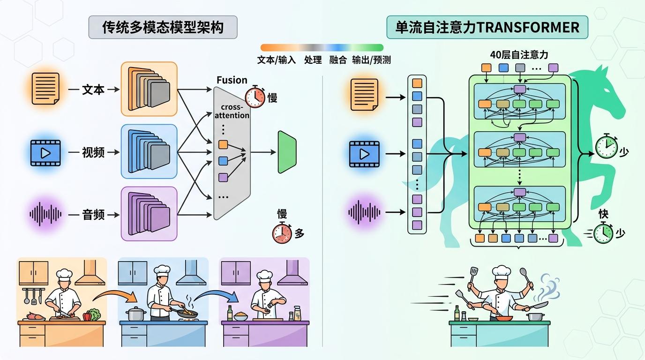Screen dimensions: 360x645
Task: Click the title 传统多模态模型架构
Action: tap(163, 27)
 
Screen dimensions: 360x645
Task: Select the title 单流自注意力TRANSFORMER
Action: tap(487, 27)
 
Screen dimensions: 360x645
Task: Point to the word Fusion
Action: tap(232, 80)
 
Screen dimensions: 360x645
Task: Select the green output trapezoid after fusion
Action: tap(286, 152)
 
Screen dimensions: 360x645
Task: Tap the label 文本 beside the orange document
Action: tap(93, 90)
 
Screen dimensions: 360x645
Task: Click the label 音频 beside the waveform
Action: tap(93, 215)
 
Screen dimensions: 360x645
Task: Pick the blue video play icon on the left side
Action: tap(45, 153)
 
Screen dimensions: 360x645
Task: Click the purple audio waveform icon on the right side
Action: tap(364, 212)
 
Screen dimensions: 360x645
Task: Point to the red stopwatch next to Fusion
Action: tap(255, 96)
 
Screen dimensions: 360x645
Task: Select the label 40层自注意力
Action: tap(518, 54)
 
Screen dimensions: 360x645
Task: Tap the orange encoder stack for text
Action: tap(149, 89)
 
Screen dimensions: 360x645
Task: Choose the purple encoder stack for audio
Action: tap(149, 214)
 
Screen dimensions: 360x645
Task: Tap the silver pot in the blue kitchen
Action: tap(135, 314)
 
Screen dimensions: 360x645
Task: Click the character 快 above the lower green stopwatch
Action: tap(603, 214)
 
